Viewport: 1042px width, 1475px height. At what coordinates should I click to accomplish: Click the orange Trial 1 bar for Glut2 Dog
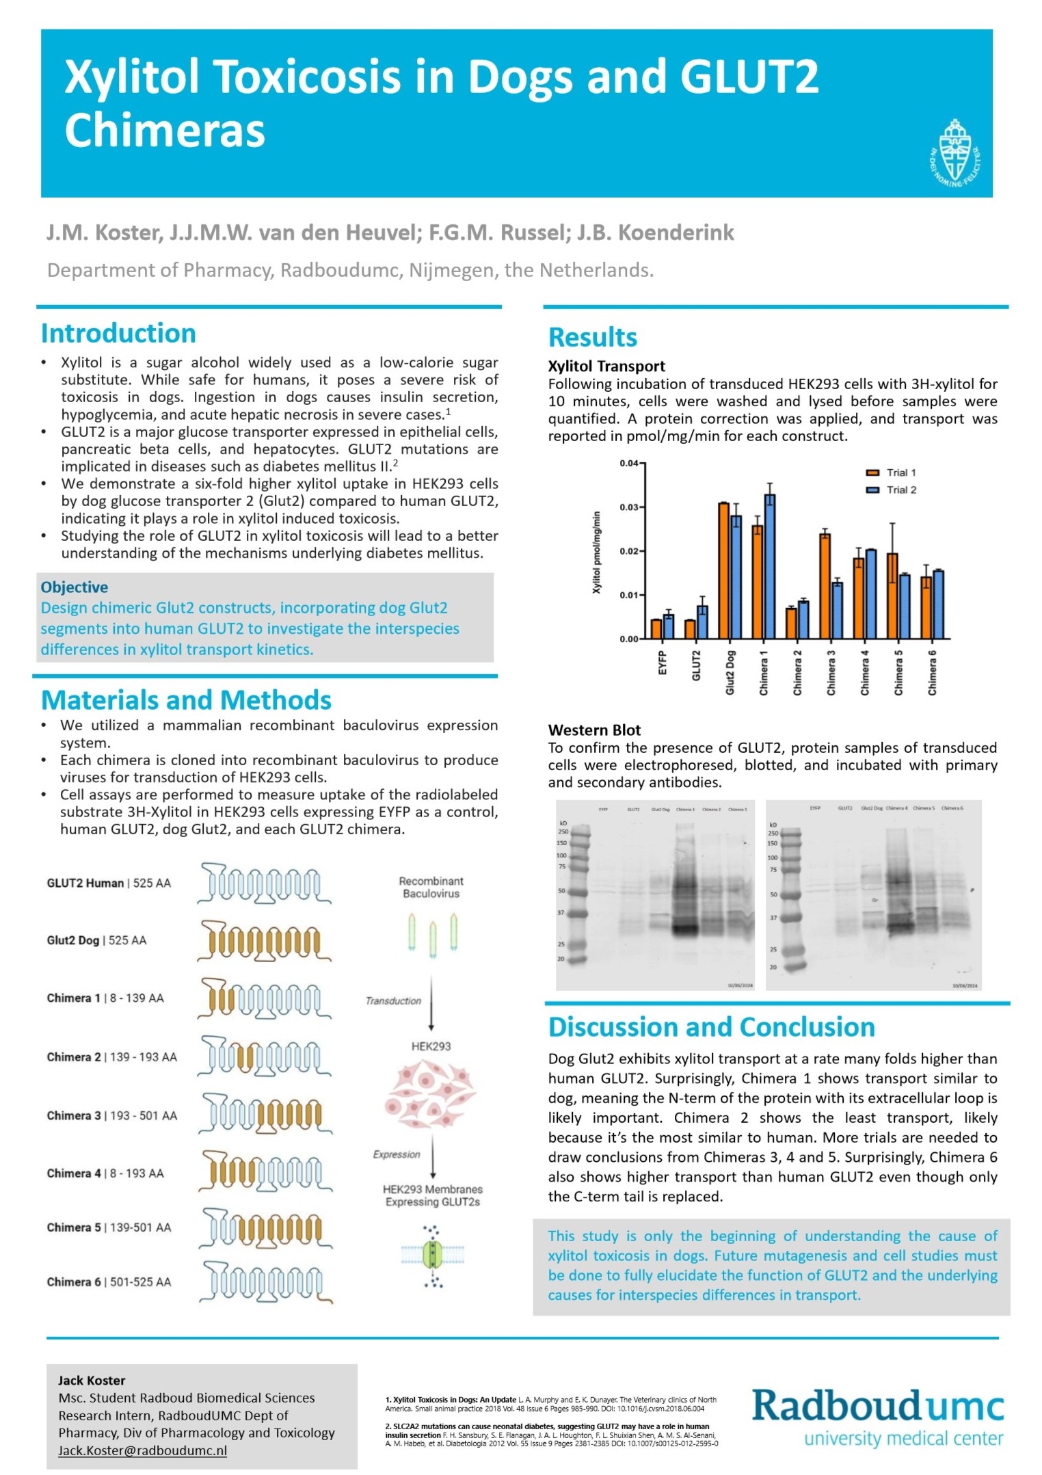point(723,570)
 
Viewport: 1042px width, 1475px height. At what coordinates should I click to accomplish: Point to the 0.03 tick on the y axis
point(629,507)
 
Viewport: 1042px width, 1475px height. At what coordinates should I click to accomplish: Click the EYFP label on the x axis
point(662,663)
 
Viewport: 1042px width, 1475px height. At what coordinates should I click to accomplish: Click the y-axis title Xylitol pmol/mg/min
point(596,553)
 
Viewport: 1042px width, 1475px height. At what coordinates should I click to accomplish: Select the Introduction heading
point(118,334)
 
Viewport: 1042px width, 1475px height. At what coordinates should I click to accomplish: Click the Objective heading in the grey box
point(74,587)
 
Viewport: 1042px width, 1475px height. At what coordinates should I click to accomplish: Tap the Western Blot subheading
point(594,730)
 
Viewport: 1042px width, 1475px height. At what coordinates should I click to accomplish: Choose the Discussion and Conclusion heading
point(711,1027)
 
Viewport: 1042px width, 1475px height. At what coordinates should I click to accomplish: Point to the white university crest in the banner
point(954,155)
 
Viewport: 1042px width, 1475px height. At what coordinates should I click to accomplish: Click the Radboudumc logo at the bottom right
point(878,1416)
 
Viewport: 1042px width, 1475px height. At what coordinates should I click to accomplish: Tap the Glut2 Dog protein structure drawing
point(265,940)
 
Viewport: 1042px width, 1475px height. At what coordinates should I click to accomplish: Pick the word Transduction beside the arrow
point(393,1001)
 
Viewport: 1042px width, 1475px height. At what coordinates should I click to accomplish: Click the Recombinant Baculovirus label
point(431,887)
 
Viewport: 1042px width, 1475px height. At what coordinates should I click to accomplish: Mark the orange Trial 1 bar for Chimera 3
point(825,586)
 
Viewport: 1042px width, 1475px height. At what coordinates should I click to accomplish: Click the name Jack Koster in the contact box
point(92,1380)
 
